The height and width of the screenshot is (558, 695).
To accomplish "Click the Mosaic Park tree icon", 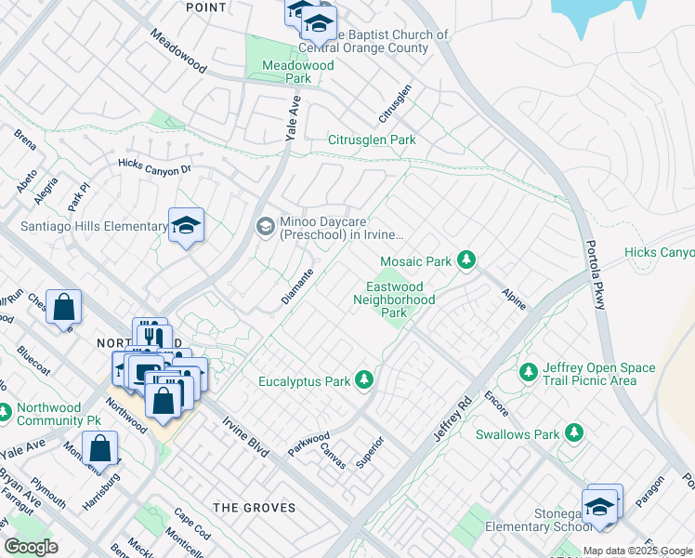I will tap(467, 260).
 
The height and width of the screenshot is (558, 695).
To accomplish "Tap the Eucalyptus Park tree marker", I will tap(365, 379).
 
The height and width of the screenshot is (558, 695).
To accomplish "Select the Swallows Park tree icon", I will tap(574, 432).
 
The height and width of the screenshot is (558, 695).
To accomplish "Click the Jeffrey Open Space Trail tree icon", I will tap(529, 372).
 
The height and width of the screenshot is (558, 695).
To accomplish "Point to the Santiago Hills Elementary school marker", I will tap(186, 225).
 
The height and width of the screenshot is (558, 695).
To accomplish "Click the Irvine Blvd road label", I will tap(245, 436).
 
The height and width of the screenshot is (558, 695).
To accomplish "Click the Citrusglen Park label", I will tap(372, 139).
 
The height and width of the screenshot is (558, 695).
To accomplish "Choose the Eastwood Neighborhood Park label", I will tap(394, 299).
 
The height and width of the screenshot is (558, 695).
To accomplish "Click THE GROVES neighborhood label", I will tap(255, 508).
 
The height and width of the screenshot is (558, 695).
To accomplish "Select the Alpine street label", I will tap(513, 298).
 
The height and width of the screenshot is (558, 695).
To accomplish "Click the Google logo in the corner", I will tap(31, 547).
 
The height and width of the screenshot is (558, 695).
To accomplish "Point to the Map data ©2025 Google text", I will tap(637, 551).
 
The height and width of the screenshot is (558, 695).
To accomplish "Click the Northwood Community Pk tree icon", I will tap(5, 409).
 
